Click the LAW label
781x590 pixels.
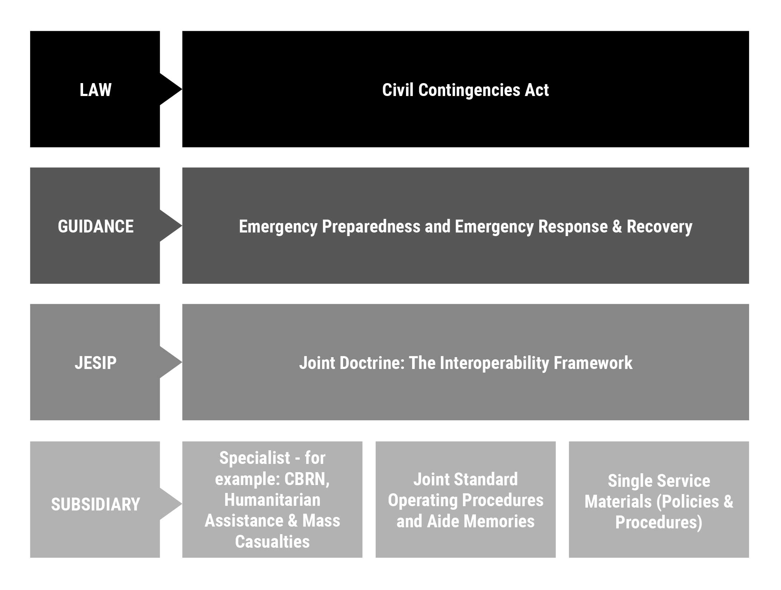(x=95, y=90)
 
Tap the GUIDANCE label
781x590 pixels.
(x=96, y=226)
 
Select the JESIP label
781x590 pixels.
(x=96, y=363)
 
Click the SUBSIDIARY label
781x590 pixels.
(x=96, y=504)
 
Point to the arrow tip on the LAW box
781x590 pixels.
(x=182, y=89)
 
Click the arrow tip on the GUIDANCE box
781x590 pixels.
(x=182, y=226)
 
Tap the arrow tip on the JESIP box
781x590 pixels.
(x=182, y=362)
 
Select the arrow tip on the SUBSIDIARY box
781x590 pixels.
(x=182, y=504)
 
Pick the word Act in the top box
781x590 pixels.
(x=537, y=90)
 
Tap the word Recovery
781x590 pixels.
(x=660, y=227)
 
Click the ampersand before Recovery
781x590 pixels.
(x=617, y=226)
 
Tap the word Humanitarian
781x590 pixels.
(x=272, y=500)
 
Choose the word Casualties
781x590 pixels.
(x=272, y=541)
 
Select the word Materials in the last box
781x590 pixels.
(x=618, y=502)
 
